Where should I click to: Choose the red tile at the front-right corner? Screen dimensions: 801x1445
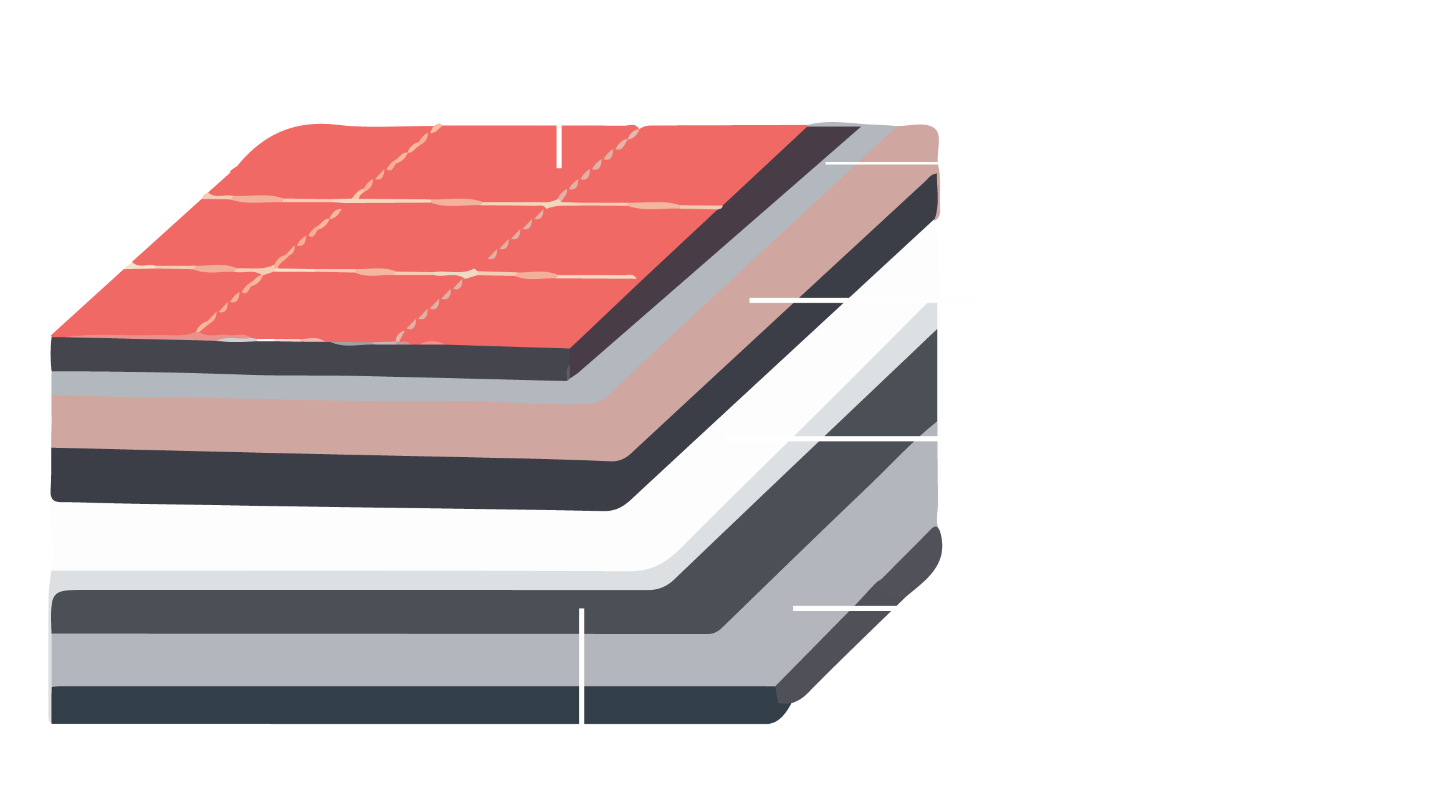click(x=530, y=311)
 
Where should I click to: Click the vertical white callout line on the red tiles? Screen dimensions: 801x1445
click(x=560, y=146)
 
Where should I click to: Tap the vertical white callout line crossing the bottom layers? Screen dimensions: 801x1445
click(x=581, y=666)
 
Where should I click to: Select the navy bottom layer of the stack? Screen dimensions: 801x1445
click(x=312, y=704)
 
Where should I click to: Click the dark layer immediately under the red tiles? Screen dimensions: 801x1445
click(x=312, y=358)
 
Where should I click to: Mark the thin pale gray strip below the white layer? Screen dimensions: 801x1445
click(x=312, y=581)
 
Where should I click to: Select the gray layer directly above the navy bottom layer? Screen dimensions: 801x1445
click(x=312, y=660)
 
